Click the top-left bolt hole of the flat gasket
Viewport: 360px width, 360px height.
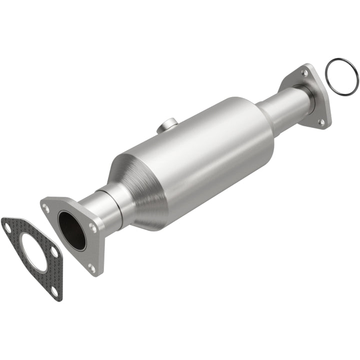(x=8, y=227)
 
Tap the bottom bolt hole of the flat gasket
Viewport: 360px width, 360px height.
(x=53, y=291)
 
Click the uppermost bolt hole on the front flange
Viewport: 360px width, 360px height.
(x=46, y=207)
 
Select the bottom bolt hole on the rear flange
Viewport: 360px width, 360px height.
(x=321, y=121)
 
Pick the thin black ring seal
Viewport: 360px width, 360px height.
(x=341, y=77)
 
